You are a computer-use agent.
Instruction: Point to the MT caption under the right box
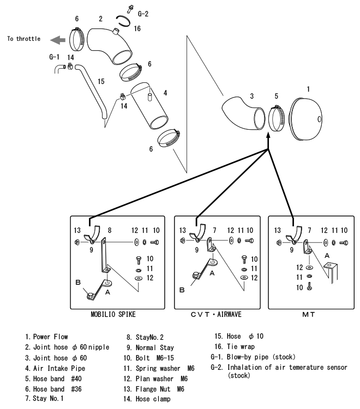[309, 315]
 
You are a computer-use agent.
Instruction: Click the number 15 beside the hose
[100, 81]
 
